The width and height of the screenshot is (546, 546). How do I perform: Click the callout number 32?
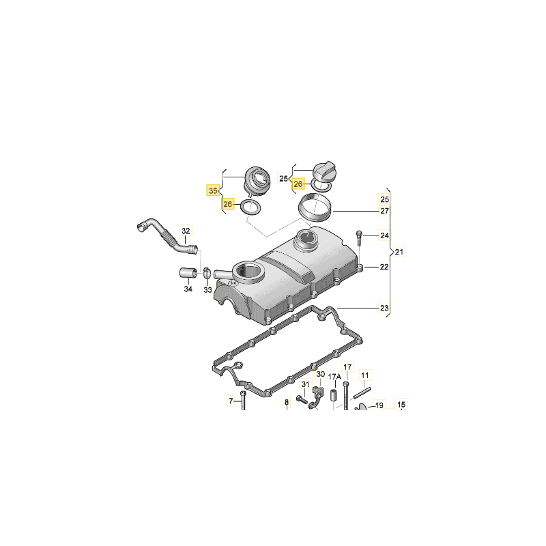[x=186, y=231]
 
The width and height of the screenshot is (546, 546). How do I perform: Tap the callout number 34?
[x=188, y=289]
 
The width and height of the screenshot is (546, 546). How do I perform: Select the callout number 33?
[x=207, y=289]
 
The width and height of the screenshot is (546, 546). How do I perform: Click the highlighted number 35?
[x=213, y=190]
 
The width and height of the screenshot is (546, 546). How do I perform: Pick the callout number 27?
[x=384, y=211]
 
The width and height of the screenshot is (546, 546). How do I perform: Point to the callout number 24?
[x=384, y=235]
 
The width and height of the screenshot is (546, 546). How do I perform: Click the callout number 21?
[x=399, y=252]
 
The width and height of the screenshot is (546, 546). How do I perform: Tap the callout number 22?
[x=384, y=267]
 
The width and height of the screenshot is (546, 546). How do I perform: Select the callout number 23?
[x=384, y=308]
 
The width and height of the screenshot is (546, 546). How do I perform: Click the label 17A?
[x=334, y=377]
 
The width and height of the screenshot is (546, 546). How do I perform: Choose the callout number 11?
[x=364, y=375]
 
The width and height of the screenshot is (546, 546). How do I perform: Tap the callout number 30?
[x=320, y=374]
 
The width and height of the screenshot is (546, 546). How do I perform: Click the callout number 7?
[x=231, y=401]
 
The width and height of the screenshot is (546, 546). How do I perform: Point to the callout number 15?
[x=401, y=405]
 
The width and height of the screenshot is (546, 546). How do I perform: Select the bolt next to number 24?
[x=359, y=238]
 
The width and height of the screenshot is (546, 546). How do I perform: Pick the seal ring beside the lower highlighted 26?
[x=251, y=207]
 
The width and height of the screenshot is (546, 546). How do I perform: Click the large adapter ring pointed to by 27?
[x=315, y=207]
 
